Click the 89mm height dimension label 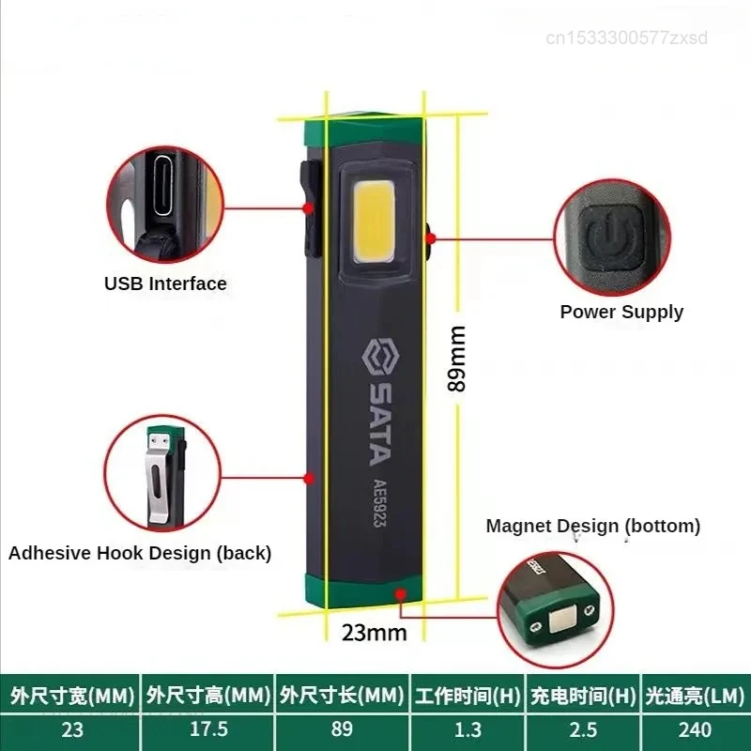[456, 358]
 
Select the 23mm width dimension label [373, 632]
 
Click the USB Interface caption [165, 284]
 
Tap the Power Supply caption [621, 312]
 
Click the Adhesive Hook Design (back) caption [140, 553]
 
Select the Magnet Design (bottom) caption [592, 526]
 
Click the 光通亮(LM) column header [695, 697]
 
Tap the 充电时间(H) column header [582, 697]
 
